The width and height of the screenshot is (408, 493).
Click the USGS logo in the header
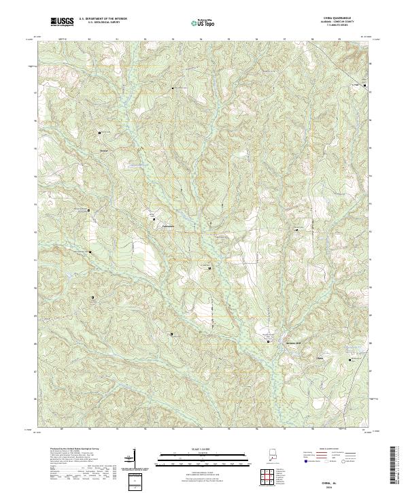pyautogui.click(x=62, y=22)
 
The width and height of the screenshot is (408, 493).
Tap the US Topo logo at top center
pyautogui.click(x=203, y=23)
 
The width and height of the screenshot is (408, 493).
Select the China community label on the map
pyautogui.click(x=320, y=356)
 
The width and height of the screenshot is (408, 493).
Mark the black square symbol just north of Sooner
pyautogui.click(x=100, y=133)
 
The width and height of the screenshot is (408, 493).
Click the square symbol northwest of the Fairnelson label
pyautogui.click(x=152, y=217)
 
